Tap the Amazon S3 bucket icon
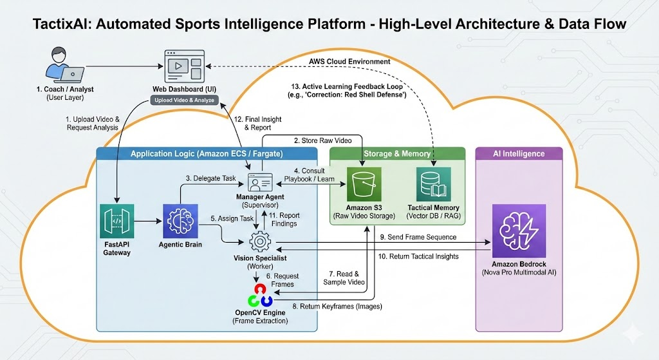pyautogui.click(x=364, y=184)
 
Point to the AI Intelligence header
pyautogui.click(x=519, y=154)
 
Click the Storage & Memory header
pyautogui.click(x=397, y=154)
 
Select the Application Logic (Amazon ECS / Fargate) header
pyautogui.click(x=207, y=154)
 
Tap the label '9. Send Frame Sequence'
pyautogui.click(x=418, y=237)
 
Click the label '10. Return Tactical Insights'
pyautogui.click(x=418, y=256)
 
